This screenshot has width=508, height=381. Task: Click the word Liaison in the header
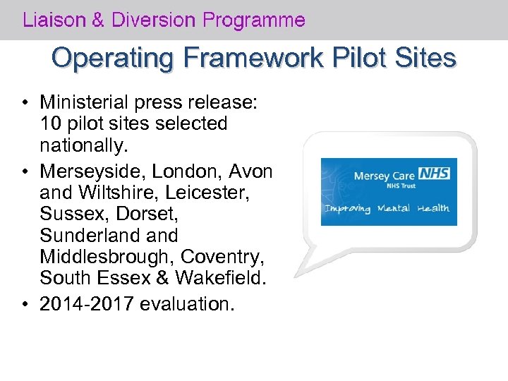click(54, 20)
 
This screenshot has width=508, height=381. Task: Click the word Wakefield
click(225, 278)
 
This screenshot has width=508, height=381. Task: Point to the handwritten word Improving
click(347, 209)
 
